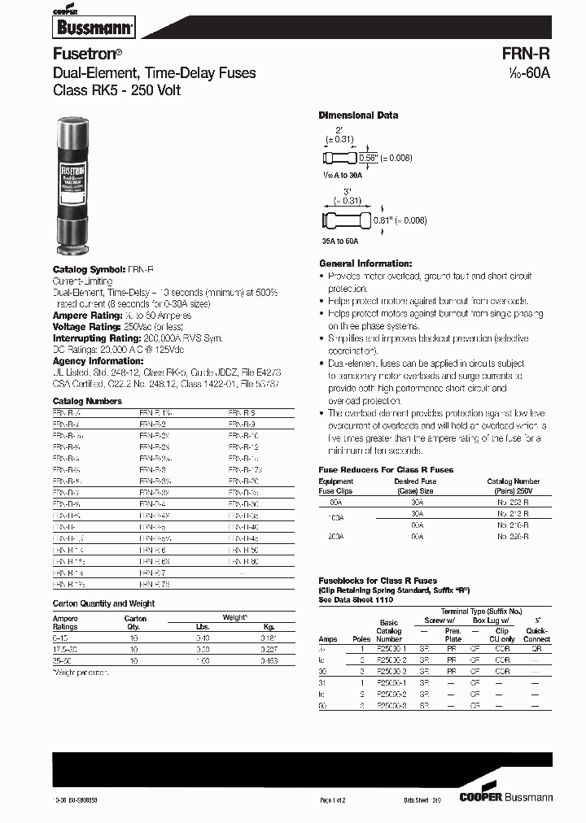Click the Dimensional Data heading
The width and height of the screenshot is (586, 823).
tap(358, 115)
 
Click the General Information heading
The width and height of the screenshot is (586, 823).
tap(365, 263)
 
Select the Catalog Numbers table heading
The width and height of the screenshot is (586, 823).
tap(87, 401)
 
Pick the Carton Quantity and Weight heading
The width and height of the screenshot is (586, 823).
tap(103, 603)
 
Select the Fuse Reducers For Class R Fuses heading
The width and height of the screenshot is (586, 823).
tap(385, 470)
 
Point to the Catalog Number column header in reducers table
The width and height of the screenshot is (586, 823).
tap(513, 486)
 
